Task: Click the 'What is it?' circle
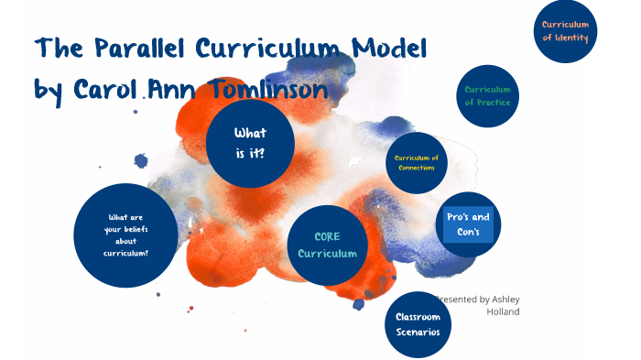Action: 250,143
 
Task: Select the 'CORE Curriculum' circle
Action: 328,245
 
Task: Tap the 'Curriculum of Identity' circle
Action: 565,31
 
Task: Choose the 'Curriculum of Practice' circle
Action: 487,95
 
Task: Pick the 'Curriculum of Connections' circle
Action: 417,163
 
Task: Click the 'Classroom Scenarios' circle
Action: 418,323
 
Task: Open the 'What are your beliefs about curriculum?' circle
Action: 125,235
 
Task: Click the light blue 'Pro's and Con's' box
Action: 468,224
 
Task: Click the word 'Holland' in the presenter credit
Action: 505,311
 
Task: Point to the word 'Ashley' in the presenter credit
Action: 505,299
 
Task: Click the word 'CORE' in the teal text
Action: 328,236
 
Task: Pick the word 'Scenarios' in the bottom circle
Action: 418,331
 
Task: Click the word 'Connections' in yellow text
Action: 417,168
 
